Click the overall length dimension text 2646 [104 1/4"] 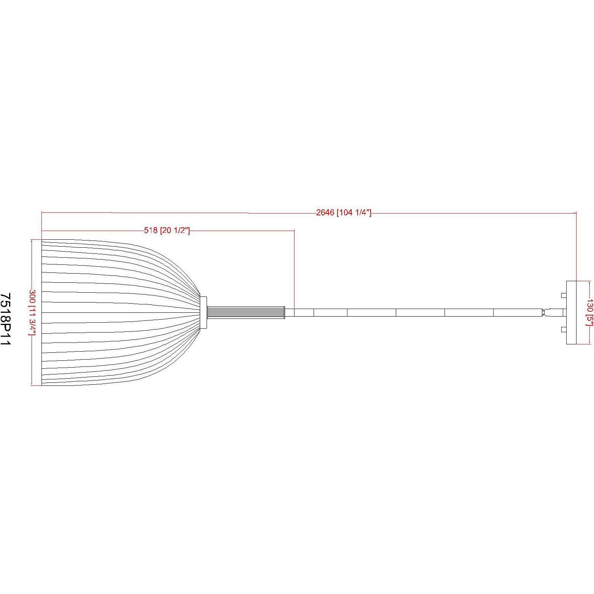click(343, 213)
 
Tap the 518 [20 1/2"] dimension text click(167, 231)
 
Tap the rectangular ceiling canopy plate click(572, 312)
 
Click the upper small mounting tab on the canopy click(564, 295)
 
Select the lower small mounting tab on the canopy click(564, 330)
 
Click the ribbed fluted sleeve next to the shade click(246, 312)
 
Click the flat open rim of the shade click(42, 312)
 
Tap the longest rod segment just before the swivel click(518, 312)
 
